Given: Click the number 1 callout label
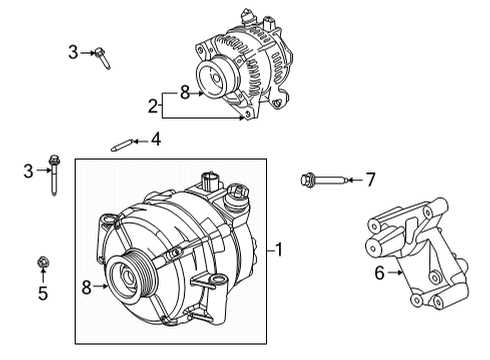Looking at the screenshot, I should [x=280, y=249].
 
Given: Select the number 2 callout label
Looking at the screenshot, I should [x=153, y=105].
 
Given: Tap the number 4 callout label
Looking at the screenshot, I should [x=155, y=140].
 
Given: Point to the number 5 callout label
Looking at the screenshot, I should [x=42, y=294].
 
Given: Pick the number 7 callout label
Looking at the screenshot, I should [x=370, y=180].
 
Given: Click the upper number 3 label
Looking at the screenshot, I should [x=72, y=51].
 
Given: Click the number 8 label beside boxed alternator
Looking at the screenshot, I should [x=88, y=287].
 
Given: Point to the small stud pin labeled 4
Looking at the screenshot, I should [x=121, y=144].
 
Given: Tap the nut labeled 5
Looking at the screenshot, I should [x=43, y=264].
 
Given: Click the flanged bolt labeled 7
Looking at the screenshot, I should [x=322, y=181].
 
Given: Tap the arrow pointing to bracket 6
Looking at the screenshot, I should [x=398, y=270].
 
